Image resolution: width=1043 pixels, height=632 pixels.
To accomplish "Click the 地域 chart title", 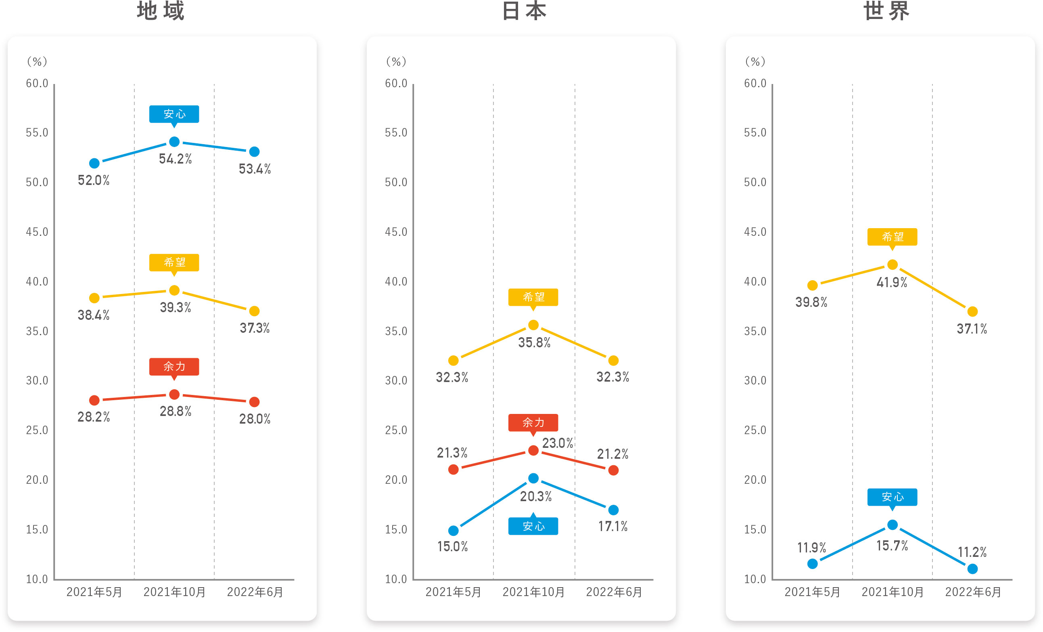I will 161,11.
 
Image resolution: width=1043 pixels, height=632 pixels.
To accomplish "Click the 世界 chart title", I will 886,11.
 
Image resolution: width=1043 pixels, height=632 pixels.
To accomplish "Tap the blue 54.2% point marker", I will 174,141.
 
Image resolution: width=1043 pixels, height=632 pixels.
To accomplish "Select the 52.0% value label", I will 94,181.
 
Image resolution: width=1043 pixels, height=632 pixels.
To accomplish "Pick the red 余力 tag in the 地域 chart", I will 174,366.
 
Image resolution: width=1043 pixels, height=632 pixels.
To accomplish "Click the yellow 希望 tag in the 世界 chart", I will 893,237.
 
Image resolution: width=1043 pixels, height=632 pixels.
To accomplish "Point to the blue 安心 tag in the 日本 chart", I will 533,526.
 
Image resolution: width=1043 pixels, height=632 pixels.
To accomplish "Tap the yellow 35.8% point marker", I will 533,325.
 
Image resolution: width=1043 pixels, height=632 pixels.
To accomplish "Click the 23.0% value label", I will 558,443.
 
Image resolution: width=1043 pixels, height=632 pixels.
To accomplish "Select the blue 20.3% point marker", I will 533,478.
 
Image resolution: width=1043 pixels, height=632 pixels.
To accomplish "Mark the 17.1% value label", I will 612,527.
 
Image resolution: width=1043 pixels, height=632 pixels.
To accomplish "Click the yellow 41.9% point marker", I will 893,265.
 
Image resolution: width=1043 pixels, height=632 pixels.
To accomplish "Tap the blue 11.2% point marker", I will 972,569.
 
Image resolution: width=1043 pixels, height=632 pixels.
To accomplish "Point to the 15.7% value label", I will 892,546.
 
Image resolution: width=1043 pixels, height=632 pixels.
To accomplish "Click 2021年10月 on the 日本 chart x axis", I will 533,592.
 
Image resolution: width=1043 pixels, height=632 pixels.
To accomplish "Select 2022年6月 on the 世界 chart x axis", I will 973,592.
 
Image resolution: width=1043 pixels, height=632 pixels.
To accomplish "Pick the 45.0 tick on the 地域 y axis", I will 37,232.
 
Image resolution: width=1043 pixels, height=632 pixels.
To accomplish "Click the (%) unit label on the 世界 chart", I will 755,62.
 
